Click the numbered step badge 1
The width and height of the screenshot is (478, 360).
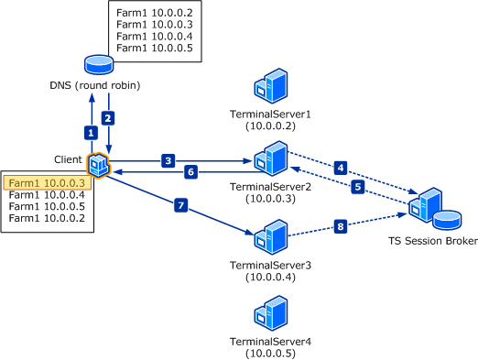(x=90, y=132)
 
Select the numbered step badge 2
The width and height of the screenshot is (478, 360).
(x=108, y=117)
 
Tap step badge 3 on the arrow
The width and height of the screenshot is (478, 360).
(x=168, y=160)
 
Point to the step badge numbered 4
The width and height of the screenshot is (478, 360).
(x=341, y=168)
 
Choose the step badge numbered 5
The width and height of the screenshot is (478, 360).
(x=359, y=187)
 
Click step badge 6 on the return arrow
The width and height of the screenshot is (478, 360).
(x=190, y=171)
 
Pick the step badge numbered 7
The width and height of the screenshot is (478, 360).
(x=181, y=206)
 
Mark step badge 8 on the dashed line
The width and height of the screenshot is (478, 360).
(x=341, y=225)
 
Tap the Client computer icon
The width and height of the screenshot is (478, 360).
(x=98, y=165)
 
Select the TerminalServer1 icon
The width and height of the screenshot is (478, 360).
(x=270, y=88)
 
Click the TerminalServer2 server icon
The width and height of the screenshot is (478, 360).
(x=270, y=157)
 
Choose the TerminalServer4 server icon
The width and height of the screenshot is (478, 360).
(x=270, y=315)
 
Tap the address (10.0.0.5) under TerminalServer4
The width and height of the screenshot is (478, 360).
(x=270, y=353)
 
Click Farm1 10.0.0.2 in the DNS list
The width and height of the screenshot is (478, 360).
(x=154, y=13)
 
